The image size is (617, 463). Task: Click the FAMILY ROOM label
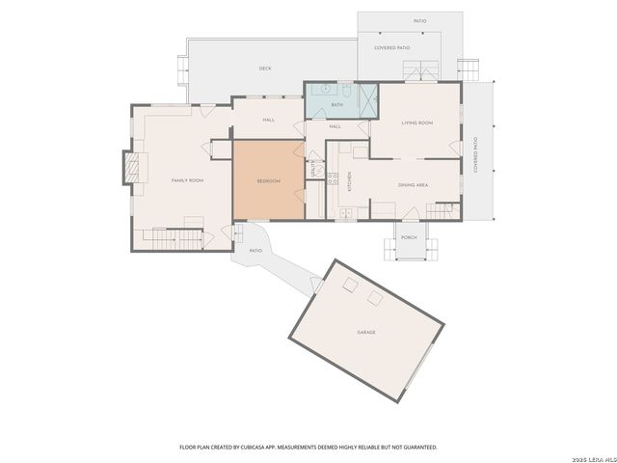click(x=187, y=180)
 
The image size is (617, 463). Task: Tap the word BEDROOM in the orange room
click(x=268, y=181)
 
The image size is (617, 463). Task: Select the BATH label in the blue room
click(x=337, y=104)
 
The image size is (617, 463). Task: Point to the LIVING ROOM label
click(x=416, y=123)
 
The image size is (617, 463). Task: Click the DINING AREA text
click(x=413, y=184)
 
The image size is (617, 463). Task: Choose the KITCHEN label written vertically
click(x=350, y=180)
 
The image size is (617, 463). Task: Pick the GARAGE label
click(x=366, y=332)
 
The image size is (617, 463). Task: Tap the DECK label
click(x=264, y=68)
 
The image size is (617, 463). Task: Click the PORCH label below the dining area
click(x=409, y=237)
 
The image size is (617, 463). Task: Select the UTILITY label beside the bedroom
click(x=313, y=167)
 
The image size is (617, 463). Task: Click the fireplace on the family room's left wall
click(x=132, y=168)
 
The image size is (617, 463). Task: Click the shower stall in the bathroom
click(x=366, y=99)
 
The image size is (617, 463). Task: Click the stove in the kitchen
click(x=331, y=177)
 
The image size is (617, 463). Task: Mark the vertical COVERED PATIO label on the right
click(x=475, y=155)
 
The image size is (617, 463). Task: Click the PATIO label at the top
click(x=420, y=20)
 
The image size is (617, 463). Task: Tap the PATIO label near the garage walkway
click(x=255, y=251)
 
